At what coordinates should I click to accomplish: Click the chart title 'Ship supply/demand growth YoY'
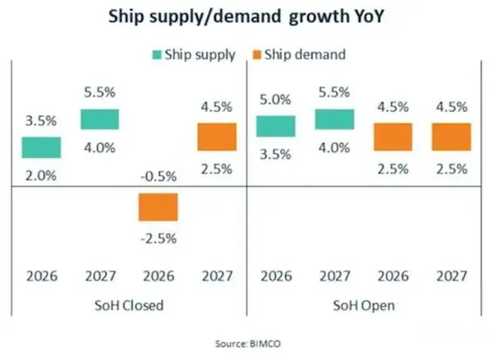coord(251,19)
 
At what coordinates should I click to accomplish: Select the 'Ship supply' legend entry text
coord(200,55)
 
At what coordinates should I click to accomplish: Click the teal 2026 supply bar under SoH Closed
coord(40,147)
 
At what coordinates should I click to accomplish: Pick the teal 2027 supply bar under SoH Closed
coord(99,118)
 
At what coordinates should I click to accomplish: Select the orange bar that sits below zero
coord(158,206)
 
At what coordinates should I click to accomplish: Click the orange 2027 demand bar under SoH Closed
coord(217,136)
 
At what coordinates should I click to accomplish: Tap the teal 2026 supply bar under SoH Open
coord(275,126)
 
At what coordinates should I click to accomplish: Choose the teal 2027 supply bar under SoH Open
coord(334,118)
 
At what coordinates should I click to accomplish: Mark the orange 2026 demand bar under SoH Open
coord(393,136)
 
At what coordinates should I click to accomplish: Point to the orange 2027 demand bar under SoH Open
coord(452,136)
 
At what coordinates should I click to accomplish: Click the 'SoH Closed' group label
coord(129,306)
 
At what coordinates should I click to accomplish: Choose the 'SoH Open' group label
coord(364,306)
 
